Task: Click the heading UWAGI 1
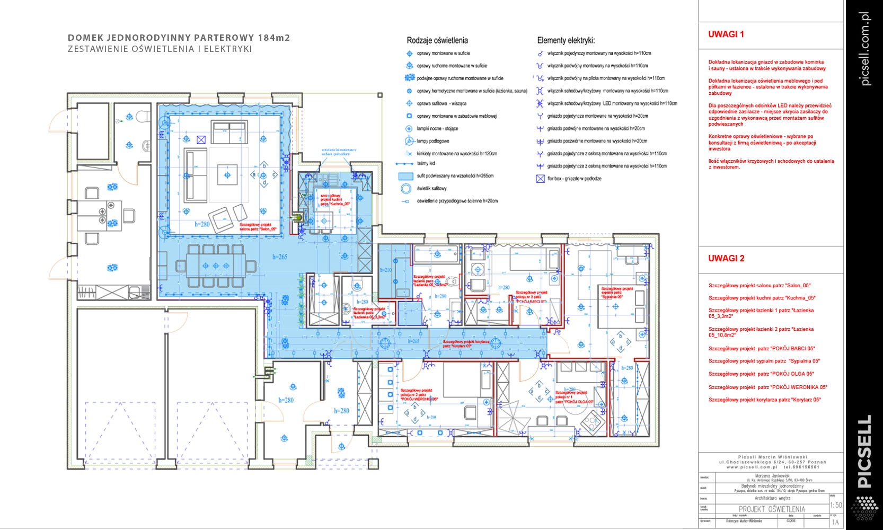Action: point(726,34)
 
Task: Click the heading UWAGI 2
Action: point(726,259)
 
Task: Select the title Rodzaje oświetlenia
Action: point(437,40)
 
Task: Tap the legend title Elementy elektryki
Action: point(566,40)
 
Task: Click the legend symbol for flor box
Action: point(540,179)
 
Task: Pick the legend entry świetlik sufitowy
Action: point(431,189)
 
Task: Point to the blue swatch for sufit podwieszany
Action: point(405,176)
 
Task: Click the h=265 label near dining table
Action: point(280,257)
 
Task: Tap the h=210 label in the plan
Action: point(385,270)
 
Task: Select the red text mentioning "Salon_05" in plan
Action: point(258,227)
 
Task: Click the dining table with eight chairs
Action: point(216,266)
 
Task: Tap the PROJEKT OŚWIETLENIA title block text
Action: point(772,509)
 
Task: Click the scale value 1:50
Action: point(836,505)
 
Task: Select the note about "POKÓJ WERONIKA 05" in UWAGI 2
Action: point(767,387)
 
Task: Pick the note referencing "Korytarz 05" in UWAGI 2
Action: point(764,400)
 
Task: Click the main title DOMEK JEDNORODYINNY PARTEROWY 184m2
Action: point(179,38)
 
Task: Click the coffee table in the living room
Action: point(227,174)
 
